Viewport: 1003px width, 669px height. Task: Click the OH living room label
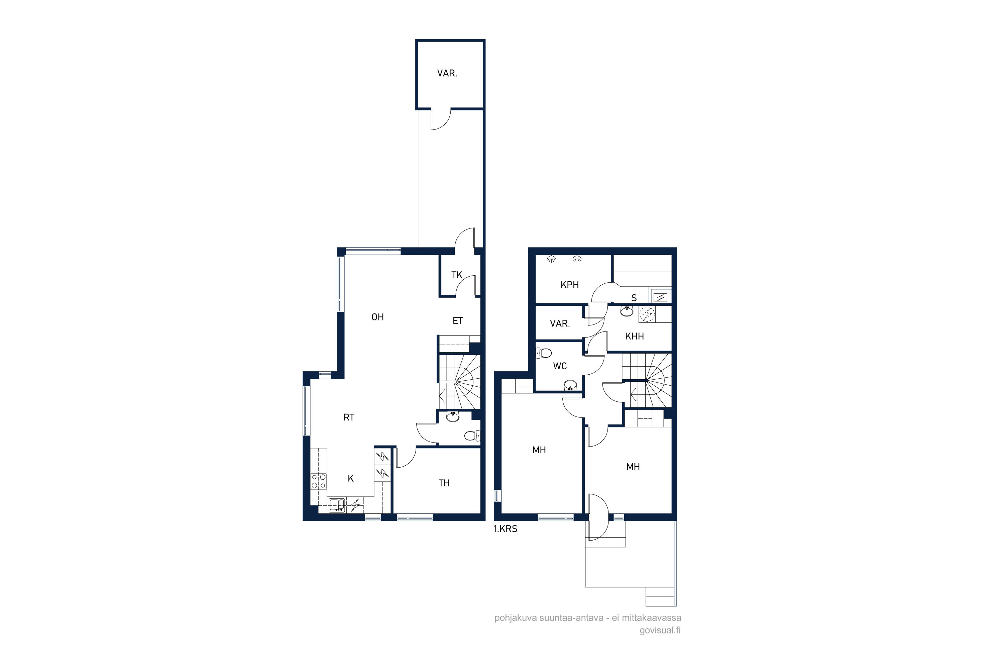[377, 317]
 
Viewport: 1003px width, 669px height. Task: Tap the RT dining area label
[349, 417]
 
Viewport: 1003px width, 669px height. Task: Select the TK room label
[457, 275]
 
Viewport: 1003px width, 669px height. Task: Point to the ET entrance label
[458, 320]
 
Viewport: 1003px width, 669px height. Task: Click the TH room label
[444, 483]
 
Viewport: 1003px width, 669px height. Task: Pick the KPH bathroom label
[569, 285]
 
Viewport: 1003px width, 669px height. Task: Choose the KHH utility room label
[634, 336]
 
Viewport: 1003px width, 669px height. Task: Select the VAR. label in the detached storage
[447, 73]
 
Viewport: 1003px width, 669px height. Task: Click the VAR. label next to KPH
[560, 324]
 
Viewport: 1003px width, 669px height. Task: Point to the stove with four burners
[319, 481]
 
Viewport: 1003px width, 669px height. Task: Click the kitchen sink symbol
[336, 505]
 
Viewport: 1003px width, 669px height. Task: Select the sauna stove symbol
[660, 297]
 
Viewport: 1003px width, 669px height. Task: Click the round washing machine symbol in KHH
[647, 314]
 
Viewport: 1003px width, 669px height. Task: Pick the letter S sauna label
[634, 298]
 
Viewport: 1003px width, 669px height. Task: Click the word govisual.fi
[660, 631]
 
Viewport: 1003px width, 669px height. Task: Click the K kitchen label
[350, 478]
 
